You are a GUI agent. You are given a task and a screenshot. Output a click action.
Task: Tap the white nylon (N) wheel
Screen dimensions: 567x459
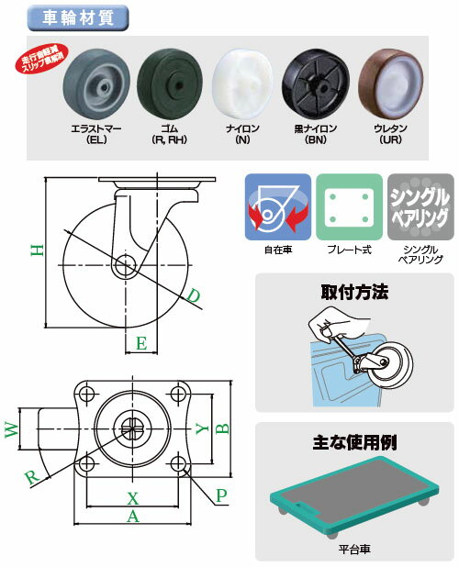(241, 83)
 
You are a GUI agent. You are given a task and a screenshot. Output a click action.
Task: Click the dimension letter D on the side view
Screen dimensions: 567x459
(195, 296)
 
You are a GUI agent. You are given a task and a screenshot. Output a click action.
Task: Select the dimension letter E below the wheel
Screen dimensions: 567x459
(140, 344)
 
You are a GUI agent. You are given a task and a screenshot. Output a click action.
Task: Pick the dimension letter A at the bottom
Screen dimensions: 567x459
(133, 518)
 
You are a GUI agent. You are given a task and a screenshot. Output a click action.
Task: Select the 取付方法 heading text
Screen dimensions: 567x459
(354, 294)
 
